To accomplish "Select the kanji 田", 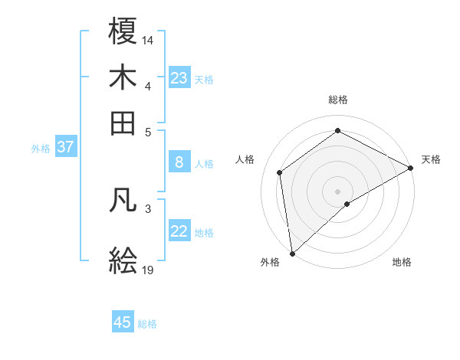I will (123, 122).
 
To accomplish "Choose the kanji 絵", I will (123, 261).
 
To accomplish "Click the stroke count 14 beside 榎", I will (148, 39).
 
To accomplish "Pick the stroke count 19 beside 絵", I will (148, 270).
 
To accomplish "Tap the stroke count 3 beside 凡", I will (148, 208).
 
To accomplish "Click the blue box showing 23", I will (179, 78).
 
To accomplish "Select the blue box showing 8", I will (179, 162).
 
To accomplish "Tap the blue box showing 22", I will (179, 231).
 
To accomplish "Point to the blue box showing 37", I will (65, 147).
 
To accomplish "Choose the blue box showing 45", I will (123, 322).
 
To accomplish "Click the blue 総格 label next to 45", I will (147, 324).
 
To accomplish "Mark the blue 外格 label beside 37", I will (41, 149).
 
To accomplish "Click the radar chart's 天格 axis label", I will (431, 159).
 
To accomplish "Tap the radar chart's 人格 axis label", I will (245, 159).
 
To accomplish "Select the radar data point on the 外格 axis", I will (291, 254).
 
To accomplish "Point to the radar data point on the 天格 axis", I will (411, 169).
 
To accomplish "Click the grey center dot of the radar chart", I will (337, 190).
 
